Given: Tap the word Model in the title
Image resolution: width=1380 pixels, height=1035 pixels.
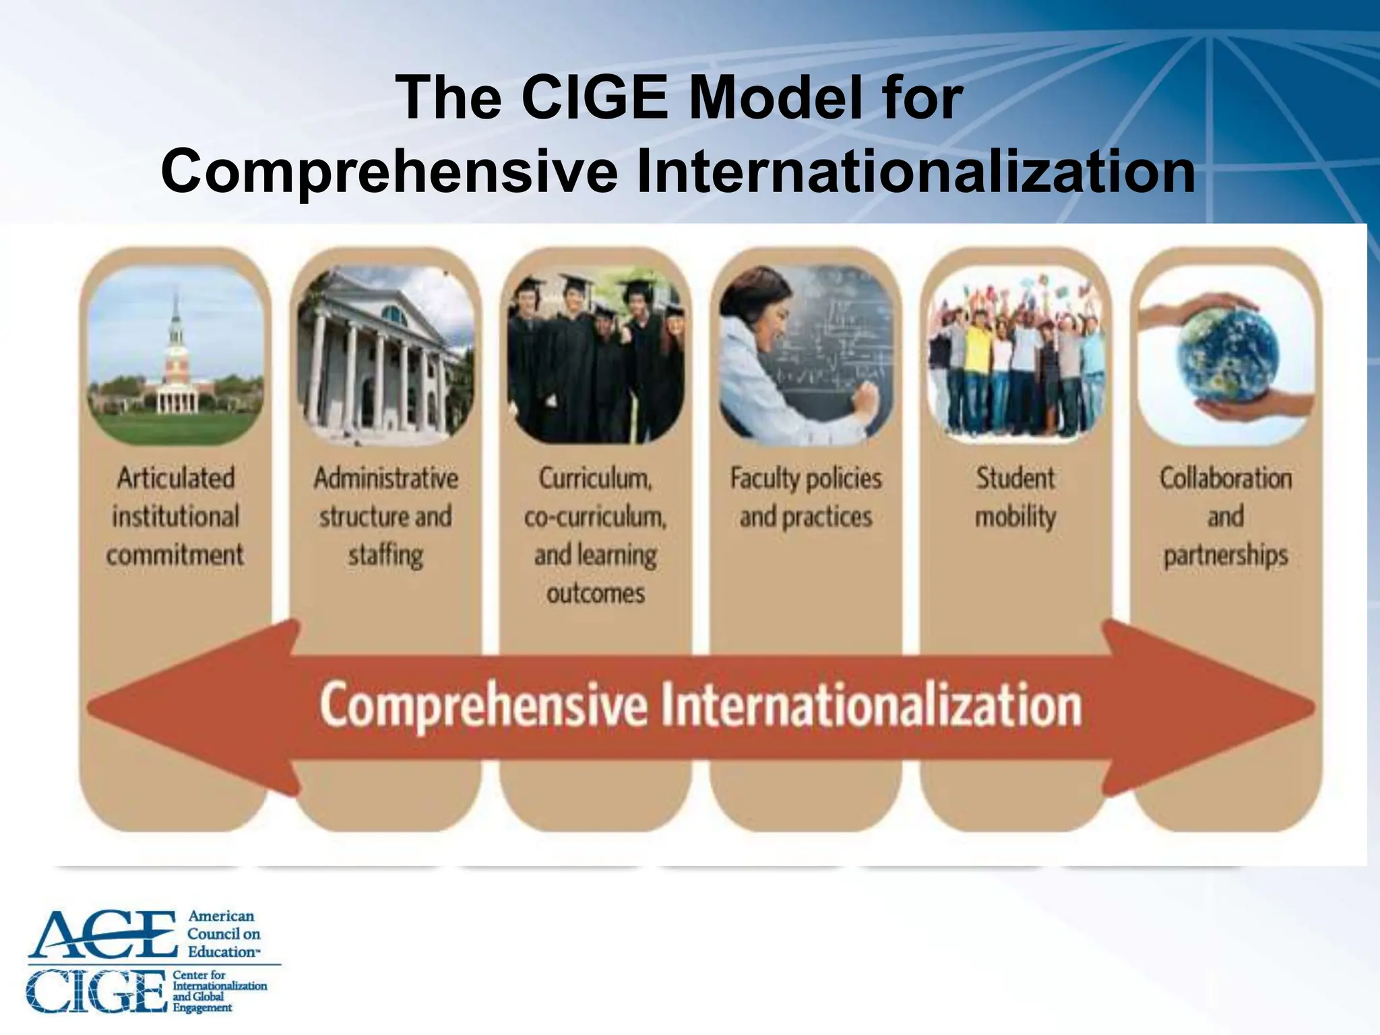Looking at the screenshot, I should tap(775, 98).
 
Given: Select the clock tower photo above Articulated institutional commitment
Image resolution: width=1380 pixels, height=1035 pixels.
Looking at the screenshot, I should tap(176, 355).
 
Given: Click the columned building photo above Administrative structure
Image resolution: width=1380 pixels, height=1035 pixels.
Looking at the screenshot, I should tap(385, 355).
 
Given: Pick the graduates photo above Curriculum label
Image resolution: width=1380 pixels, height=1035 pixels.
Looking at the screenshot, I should tap(596, 355).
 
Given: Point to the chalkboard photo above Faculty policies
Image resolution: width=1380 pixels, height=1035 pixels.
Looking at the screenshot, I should tap(806, 355).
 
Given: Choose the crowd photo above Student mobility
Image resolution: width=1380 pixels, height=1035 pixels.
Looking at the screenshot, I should tap(1015, 355).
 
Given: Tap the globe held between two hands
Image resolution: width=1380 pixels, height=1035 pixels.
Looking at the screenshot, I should tap(1226, 355).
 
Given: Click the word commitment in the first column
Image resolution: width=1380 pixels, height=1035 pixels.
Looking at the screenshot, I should tap(175, 555).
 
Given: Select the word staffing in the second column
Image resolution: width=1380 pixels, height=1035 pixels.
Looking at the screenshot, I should tap(385, 555).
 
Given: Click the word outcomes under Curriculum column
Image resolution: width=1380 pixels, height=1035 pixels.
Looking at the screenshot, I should tap(596, 594).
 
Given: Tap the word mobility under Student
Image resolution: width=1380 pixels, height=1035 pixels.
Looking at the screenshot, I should tap(1015, 517).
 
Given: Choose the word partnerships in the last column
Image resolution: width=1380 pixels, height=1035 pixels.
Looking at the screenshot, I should tap(1226, 555).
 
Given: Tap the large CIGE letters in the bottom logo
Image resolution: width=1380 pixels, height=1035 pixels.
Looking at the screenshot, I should tap(96, 991).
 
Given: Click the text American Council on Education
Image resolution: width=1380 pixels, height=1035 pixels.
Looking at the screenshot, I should tap(222, 934).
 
